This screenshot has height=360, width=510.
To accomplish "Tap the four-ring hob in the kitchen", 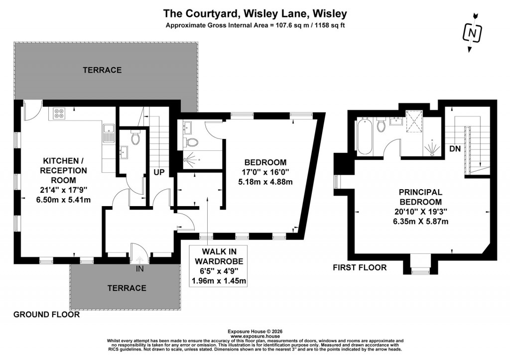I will coord(58,114).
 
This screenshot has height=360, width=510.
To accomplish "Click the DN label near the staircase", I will coord(454,148).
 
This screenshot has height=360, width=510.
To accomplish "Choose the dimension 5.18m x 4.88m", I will coord(265,182).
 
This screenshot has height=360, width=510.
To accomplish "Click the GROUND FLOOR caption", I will coord(46,315).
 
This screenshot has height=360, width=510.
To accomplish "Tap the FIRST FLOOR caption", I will coord(360,267).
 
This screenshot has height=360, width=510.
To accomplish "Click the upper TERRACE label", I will coord(102,70).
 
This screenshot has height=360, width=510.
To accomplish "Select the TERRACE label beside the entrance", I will coord(127,288).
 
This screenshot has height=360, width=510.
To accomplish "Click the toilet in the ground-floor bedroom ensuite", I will coord(191,142).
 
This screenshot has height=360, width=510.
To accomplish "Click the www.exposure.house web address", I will coord(255,336).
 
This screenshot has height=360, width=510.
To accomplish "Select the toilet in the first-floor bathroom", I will coord(382,125).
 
